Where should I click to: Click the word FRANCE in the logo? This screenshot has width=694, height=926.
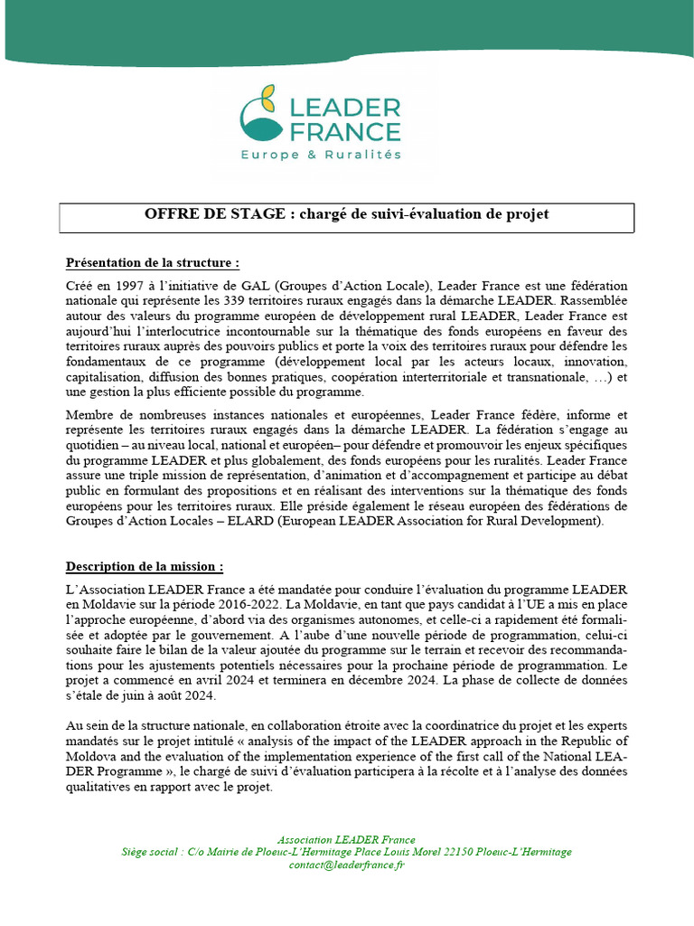coord(343,131)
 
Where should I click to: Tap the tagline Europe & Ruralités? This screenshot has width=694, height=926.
coord(320,155)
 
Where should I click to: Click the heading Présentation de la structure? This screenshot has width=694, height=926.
coord(153,263)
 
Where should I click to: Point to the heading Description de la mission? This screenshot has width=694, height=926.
coord(145,567)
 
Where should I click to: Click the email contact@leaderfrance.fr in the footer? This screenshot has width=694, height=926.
coord(347,865)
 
